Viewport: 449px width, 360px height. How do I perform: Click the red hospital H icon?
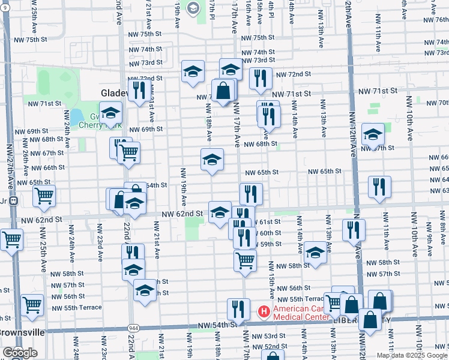[x=263, y=311]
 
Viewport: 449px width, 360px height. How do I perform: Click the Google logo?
[x=20, y=353]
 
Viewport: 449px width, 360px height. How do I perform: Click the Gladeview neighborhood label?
[x=114, y=93]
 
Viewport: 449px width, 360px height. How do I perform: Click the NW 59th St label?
[x=270, y=244]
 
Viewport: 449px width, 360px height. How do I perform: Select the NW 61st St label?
[x=268, y=222]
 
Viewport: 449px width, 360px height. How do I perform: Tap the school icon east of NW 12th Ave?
[x=373, y=135]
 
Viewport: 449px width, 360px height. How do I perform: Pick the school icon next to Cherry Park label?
[x=110, y=112]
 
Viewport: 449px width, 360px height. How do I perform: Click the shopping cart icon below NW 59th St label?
[x=245, y=260]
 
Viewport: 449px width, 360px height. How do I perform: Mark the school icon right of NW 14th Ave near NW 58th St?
[x=315, y=253]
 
